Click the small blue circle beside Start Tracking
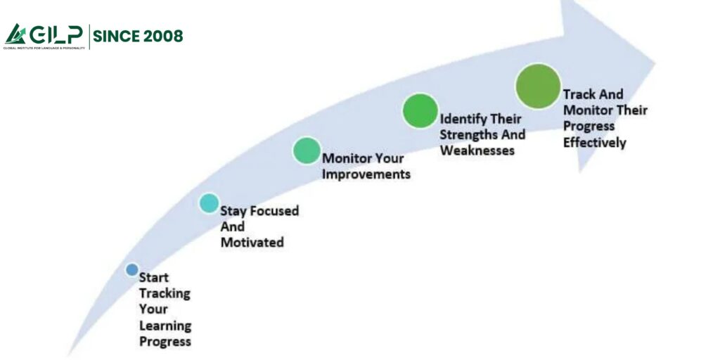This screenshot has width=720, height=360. [131, 269]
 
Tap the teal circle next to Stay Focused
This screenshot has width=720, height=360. [209, 203]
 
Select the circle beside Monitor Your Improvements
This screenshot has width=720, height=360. [306, 150]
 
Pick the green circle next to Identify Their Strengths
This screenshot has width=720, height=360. [420, 110]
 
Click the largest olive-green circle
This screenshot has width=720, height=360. [538, 86]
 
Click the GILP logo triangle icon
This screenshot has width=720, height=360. [15, 34]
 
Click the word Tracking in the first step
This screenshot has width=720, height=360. [165, 293]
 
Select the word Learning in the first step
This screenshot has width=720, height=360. [165, 326]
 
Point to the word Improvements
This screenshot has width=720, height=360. [366, 174]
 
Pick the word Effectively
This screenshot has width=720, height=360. [594, 142]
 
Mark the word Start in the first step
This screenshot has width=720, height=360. [154, 277]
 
